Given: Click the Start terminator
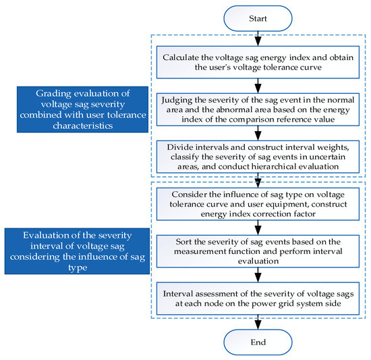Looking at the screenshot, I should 258,18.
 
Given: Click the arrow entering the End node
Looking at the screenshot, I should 258,322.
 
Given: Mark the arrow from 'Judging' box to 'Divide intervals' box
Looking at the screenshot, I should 258,132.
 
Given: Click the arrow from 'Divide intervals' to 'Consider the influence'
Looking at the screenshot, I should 258,179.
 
